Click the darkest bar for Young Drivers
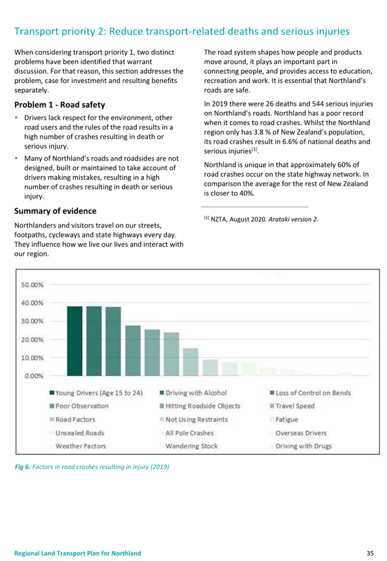tap(74, 341)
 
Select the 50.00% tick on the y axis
tap(32, 285)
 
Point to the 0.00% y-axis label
tap(34, 376)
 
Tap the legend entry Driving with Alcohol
tap(193, 393)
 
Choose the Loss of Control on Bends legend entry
tap(310, 393)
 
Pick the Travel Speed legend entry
tap(292, 406)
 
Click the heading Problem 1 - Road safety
tap(60, 105)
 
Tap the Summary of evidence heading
tap(56, 211)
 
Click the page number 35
tap(370, 553)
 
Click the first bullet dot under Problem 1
tap(16, 118)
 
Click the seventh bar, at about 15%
tap(191, 362)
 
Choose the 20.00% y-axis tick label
tap(32, 340)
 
